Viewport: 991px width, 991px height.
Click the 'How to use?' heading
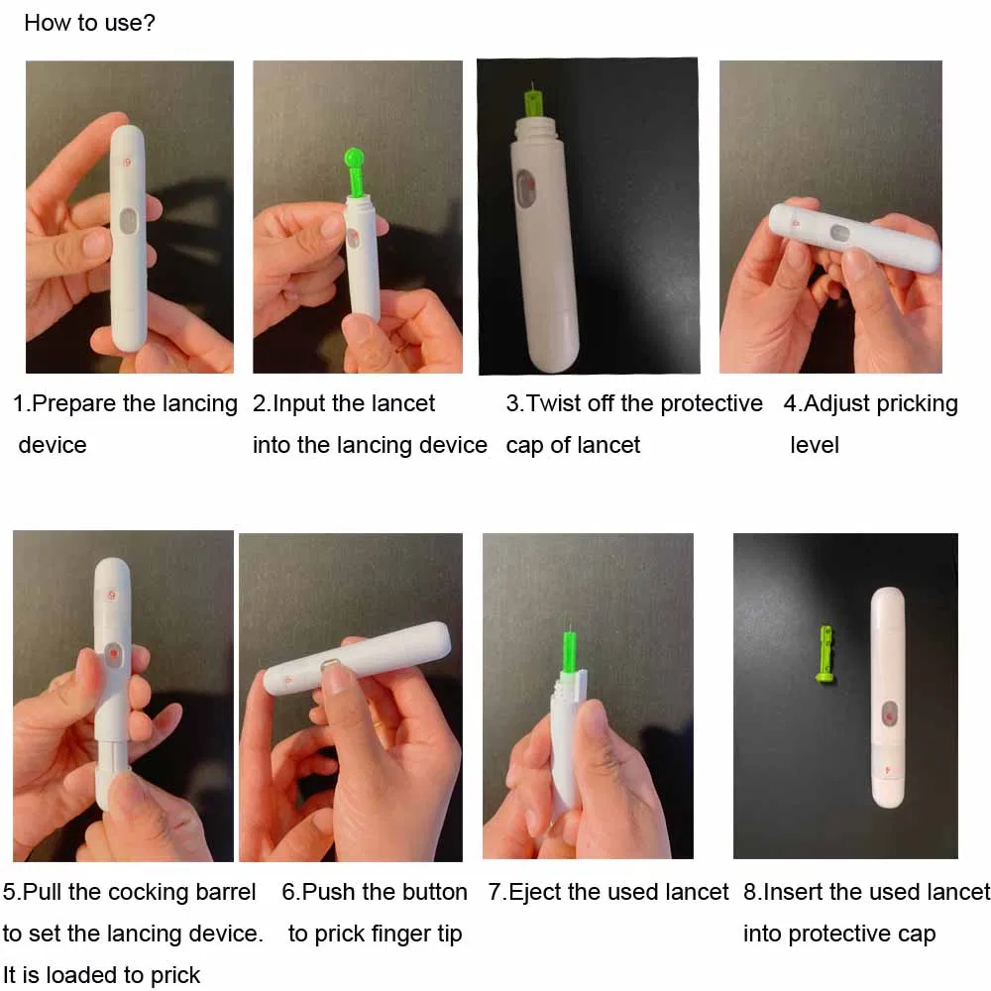[89, 22]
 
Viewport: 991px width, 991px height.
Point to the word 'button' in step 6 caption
[434, 892]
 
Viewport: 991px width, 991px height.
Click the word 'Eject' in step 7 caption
[533, 892]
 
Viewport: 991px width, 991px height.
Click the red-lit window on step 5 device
[113, 655]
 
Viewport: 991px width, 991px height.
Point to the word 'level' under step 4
[815, 445]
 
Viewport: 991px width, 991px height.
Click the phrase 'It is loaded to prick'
[101, 975]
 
